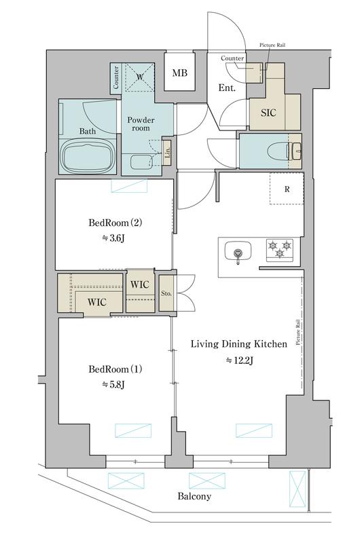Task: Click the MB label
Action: pyautogui.click(x=180, y=73)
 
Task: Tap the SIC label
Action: pyautogui.click(x=268, y=113)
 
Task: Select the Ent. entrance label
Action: pyautogui.click(x=227, y=88)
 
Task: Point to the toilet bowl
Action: pyautogui.click(x=278, y=151)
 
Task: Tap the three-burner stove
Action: pyautogui.click(x=279, y=250)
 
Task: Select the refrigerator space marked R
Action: pyautogui.click(x=287, y=189)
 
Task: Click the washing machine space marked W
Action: pyautogui.click(x=139, y=77)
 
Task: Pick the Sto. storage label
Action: pyautogui.click(x=166, y=293)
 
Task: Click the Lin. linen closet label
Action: pyautogui.click(x=167, y=152)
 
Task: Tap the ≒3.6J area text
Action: pyautogui.click(x=113, y=238)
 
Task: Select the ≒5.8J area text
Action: pyautogui.click(x=113, y=384)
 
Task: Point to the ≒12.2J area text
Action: pyautogui.click(x=240, y=360)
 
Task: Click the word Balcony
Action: pyautogui.click(x=194, y=496)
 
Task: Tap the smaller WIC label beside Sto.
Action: pyautogui.click(x=140, y=284)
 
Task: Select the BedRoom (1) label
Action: pyautogui.click(x=115, y=369)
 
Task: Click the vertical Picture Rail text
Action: pyautogui.click(x=298, y=332)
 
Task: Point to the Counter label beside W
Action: pyautogui.click(x=115, y=77)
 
